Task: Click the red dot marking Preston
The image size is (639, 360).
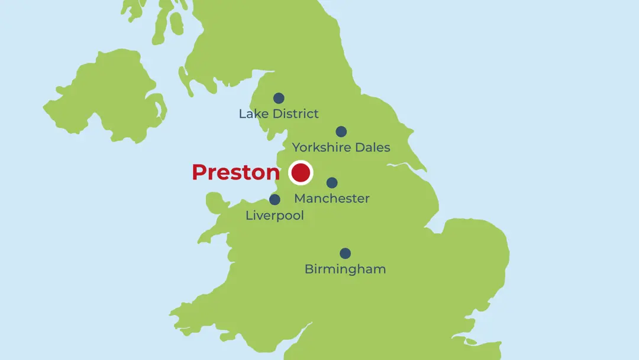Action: pyautogui.click(x=301, y=173)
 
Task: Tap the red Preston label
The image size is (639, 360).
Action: pyautogui.click(x=235, y=172)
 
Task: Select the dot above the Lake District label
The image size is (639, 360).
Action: pyautogui.click(x=279, y=98)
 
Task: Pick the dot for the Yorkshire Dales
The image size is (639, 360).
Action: pyautogui.click(x=341, y=131)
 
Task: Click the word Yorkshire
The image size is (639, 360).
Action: pyautogui.click(x=321, y=147)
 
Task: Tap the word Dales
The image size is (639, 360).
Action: pyautogui.click(x=372, y=147)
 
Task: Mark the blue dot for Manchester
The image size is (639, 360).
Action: pyautogui.click(x=332, y=183)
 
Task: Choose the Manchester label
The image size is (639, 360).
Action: pyautogui.click(x=332, y=198)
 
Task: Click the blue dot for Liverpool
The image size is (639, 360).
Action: pyautogui.click(x=275, y=200)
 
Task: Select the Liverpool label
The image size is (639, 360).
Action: pyautogui.click(x=275, y=216)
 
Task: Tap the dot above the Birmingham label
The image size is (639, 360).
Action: pyautogui.click(x=346, y=253)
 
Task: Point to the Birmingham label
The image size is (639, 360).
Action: pyautogui.click(x=345, y=269)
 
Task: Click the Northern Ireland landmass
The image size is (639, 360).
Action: pyautogui.click(x=101, y=101)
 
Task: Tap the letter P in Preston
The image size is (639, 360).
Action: pyautogui.click(x=199, y=172)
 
